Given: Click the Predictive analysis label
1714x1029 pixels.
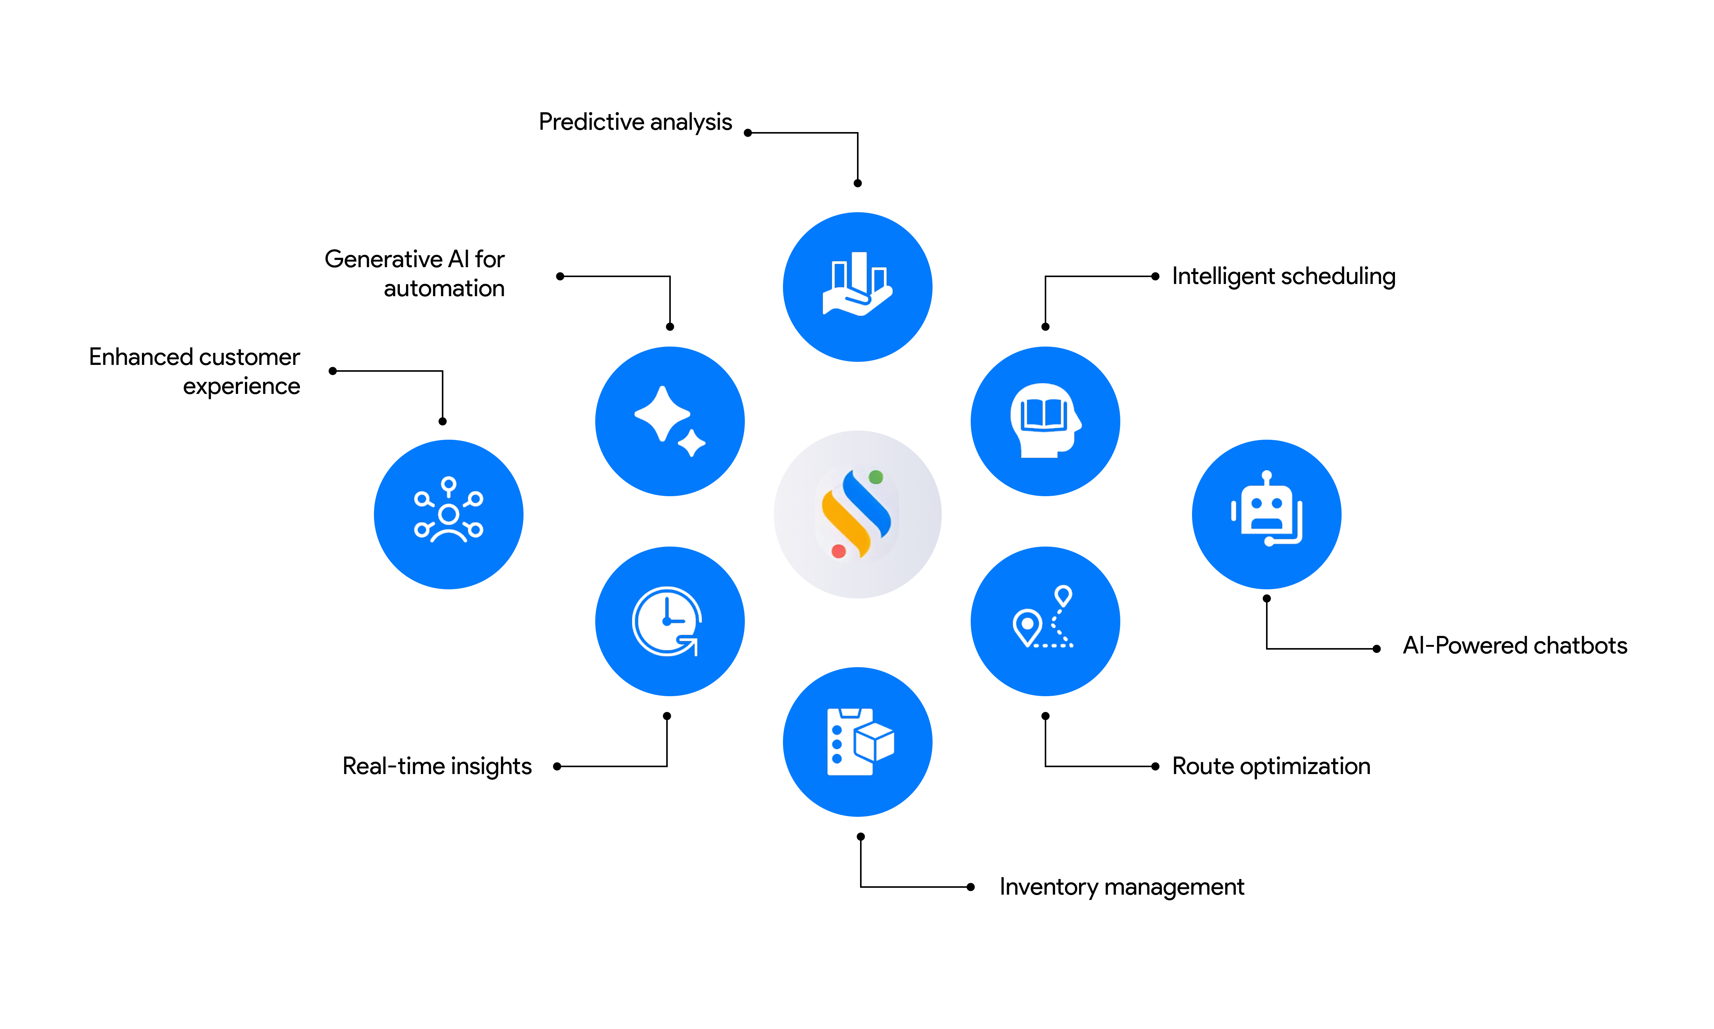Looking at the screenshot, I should [635, 122].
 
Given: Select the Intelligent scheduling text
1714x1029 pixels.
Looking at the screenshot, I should [1283, 276].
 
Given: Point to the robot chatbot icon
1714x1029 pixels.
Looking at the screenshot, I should [1266, 513].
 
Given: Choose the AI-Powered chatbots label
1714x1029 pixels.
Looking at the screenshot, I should [1514, 645].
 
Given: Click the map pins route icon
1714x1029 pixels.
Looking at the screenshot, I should [1044, 619].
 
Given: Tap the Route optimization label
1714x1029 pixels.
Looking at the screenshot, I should [1270, 766].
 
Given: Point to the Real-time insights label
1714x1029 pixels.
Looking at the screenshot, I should [437, 766].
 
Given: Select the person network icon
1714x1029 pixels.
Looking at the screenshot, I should [448, 513].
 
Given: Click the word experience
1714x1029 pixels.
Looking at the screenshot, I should [241, 386].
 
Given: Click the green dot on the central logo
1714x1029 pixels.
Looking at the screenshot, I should [875, 477].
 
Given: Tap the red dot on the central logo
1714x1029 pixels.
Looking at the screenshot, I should [839, 551].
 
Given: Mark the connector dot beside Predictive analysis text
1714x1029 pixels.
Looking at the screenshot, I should [748, 132].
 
